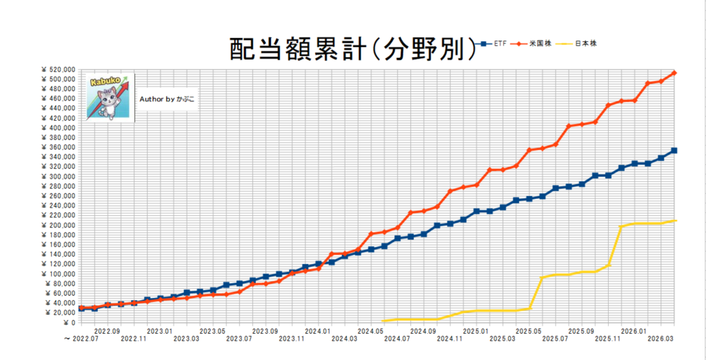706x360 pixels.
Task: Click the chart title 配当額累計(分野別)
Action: (352, 49)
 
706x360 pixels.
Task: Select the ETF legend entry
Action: (493, 43)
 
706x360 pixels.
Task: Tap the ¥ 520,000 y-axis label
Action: (58, 70)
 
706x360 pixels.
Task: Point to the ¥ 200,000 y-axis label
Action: (58, 226)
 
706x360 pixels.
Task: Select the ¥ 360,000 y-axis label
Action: (58, 148)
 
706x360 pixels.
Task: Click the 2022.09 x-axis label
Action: (107, 330)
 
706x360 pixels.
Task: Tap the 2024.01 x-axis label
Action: (318, 330)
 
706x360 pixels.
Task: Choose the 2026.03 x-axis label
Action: (660, 338)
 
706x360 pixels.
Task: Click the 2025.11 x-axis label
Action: (608, 338)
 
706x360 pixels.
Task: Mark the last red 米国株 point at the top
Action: (674, 72)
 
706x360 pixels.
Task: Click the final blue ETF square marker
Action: (674, 150)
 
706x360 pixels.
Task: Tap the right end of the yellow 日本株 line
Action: (676, 220)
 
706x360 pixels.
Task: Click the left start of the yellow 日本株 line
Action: (382, 321)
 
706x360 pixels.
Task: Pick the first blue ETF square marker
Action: (81, 308)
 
